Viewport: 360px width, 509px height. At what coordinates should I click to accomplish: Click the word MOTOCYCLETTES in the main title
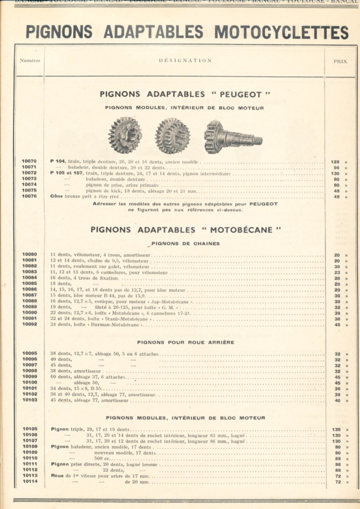(x=281, y=32)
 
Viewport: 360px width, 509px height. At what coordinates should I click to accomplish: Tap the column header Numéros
(x=30, y=61)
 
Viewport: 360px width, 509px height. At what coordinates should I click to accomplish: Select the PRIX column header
(x=340, y=61)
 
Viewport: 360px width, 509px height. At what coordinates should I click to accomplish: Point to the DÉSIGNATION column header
(x=185, y=61)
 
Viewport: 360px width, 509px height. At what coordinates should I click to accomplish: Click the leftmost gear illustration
(x=125, y=135)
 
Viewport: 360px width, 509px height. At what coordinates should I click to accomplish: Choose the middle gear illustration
(x=172, y=136)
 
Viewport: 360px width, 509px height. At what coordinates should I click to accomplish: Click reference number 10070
(x=29, y=162)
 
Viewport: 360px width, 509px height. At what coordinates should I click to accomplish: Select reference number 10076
(x=29, y=196)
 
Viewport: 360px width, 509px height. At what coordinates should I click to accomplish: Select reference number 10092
(x=29, y=325)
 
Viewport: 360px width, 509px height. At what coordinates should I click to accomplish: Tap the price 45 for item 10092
(x=337, y=325)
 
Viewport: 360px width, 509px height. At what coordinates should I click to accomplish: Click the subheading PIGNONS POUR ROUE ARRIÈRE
(x=185, y=342)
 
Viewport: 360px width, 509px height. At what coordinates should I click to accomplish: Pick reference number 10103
(x=29, y=400)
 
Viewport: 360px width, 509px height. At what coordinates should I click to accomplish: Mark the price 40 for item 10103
(x=337, y=400)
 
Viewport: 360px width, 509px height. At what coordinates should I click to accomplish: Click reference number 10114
(x=29, y=482)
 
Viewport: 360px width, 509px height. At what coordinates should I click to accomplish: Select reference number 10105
(x=29, y=429)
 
